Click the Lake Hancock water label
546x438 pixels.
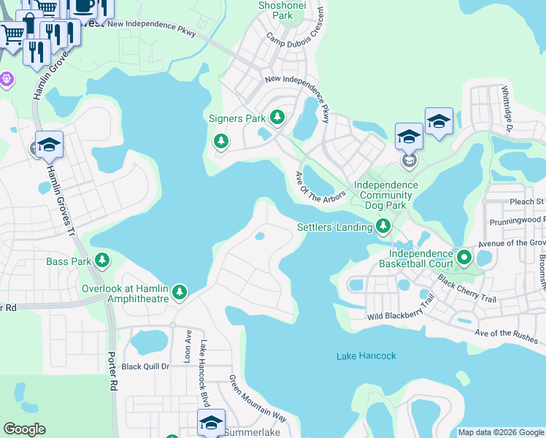(366, 356)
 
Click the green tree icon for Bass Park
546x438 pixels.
(103, 261)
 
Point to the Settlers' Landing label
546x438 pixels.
(334, 227)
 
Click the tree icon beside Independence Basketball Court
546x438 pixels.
(464, 257)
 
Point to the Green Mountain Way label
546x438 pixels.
(258, 399)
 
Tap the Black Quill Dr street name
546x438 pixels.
(145, 366)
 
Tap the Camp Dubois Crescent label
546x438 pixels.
(296, 49)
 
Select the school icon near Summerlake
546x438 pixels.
(211, 423)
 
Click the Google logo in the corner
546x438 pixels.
(24, 429)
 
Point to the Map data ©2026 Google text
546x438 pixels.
(501, 432)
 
